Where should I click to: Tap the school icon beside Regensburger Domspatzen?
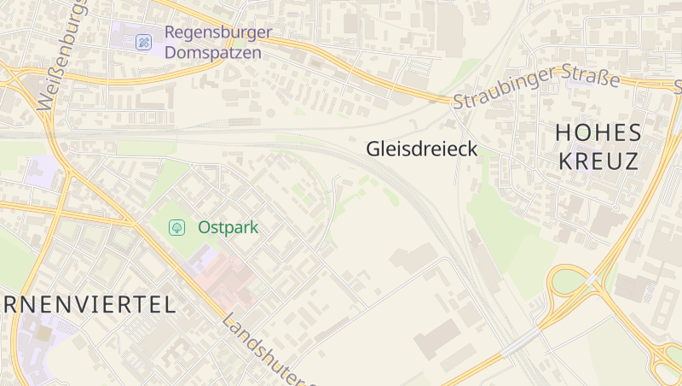point(144,41)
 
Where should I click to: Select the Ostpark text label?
point(228,228)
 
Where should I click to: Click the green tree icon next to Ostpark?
point(177,227)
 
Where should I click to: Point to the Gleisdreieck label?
point(421,149)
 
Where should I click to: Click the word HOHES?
point(597,132)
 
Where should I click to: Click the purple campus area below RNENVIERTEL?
point(38,342)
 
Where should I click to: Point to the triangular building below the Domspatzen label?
point(230,78)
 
